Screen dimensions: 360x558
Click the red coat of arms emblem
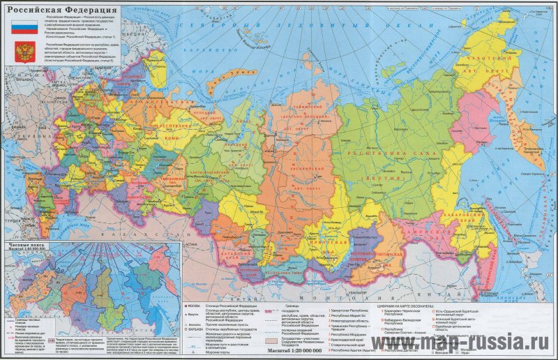[x=24, y=51]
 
